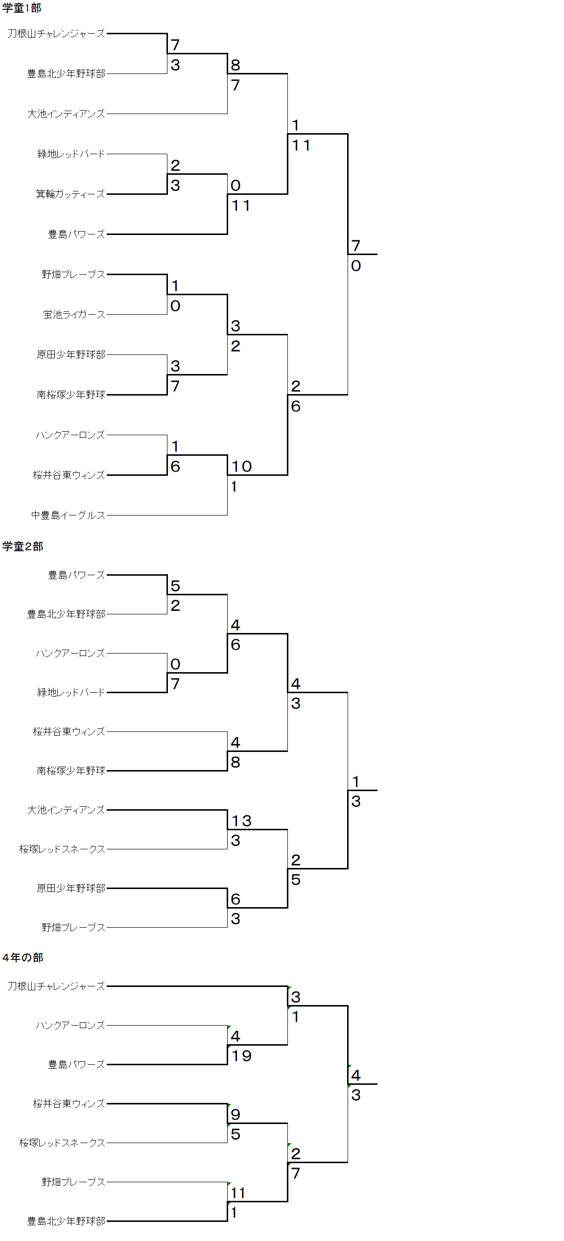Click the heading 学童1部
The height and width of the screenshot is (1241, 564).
[x=22, y=8]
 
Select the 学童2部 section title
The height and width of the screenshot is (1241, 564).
[x=23, y=546]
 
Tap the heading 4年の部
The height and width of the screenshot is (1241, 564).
[x=23, y=958]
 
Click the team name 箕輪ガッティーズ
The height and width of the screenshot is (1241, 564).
[x=70, y=194]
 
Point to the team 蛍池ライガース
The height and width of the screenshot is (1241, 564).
[x=74, y=315]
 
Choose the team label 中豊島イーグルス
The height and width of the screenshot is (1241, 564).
[x=68, y=515]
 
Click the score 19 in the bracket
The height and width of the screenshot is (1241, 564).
[x=241, y=1056]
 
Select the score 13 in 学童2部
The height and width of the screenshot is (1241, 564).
[x=241, y=821]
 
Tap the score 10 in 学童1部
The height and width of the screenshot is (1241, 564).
[x=241, y=467]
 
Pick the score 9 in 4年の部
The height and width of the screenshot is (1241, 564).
[x=235, y=1115]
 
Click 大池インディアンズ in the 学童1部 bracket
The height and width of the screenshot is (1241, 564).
[x=66, y=114]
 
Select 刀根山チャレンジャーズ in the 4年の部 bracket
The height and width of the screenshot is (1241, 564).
[x=56, y=986]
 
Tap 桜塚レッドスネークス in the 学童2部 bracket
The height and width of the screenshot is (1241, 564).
[x=62, y=849]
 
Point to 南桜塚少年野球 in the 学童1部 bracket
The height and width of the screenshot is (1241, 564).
[x=71, y=395]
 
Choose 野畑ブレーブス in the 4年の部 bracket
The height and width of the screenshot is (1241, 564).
[x=73, y=1182]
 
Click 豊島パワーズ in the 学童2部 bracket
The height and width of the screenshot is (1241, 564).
[x=76, y=575]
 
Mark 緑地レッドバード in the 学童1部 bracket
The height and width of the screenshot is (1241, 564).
[x=71, y=154]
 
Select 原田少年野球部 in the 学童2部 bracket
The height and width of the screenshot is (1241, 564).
[x=71, y=889]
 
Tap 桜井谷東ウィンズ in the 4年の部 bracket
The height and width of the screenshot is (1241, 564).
[x=69, y=1103]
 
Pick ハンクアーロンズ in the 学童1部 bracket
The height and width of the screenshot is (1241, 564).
[x=70, y=435]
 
